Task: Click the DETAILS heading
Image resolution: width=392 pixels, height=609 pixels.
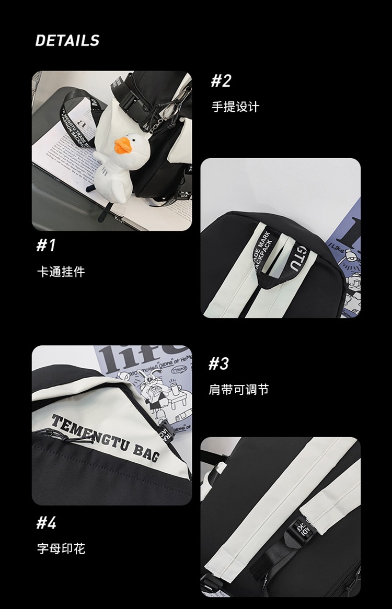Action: [67, 41]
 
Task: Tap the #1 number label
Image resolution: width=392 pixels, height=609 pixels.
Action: [45, 245]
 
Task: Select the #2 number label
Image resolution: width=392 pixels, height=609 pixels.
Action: [221, 81]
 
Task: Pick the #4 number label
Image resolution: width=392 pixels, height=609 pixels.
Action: [46, 522]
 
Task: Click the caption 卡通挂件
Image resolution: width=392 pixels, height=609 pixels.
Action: [60, 272]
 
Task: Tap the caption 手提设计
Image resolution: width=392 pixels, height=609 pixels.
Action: [235, 107]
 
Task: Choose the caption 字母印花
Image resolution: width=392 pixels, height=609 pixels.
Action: [61, 548]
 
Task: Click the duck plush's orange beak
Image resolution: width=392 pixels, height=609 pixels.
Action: [122, 146]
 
